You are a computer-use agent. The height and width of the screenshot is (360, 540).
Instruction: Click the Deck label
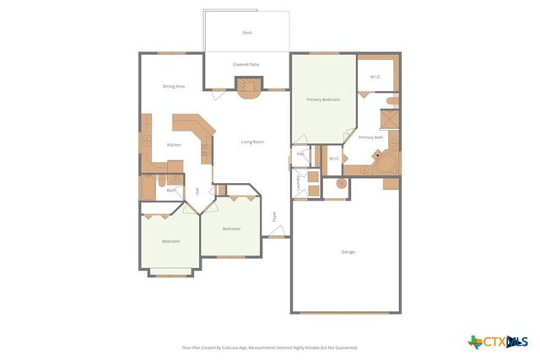pyautogui.click(x=247, y=33)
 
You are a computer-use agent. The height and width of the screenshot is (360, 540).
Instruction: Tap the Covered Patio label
pyautogui.click(x=246, y=64)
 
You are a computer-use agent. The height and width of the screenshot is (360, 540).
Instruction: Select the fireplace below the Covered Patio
pyautogui.click(x=246, y=87)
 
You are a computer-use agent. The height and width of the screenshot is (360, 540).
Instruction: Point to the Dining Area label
pyautogui.click(x=174, y=86)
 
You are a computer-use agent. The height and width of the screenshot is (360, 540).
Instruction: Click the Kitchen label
pyautogui.click(x=174, y=145)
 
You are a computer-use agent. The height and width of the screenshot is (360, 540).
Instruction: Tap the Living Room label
pyautogui.click(x=252, y=142)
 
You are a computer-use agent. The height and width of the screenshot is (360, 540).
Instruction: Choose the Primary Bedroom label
pyautogui.click(x=323, y=99)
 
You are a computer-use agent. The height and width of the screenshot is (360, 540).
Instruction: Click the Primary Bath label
pyautogui.click(x=371, y=137)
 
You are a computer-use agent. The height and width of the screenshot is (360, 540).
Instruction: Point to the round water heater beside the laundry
pyautogui.click(x=342, y=183)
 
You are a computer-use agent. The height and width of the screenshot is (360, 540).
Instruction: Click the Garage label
pyautogui.click(x=348, y=252)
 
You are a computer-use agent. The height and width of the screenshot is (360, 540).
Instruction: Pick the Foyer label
pyautogui.click(x=273, y=217)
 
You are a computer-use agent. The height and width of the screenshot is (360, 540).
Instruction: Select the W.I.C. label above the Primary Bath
pyautogui.click(x=375, y=78)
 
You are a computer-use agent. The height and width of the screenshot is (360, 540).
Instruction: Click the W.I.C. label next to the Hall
pyautogui.click(x=334, y=158)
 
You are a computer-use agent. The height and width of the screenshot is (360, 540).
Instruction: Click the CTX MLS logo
pyautogui.click(x=498, y=341)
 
